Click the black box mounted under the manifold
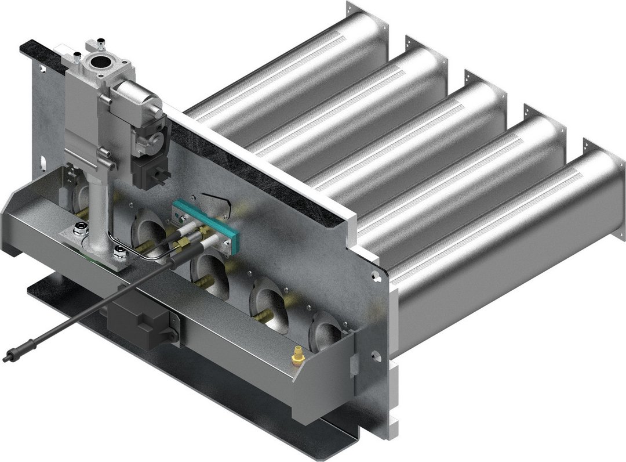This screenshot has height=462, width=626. click(x=138, y=318)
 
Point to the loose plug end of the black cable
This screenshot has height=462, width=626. click(x=10, y=355)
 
